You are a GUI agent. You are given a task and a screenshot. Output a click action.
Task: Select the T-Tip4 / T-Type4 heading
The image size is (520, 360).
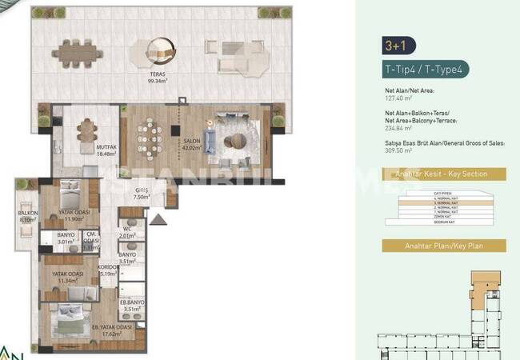click(425, 70)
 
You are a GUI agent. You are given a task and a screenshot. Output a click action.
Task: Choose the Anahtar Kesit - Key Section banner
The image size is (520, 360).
click(444, 174)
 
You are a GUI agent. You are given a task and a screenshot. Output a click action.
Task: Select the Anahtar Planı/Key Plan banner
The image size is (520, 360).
click(444, 246)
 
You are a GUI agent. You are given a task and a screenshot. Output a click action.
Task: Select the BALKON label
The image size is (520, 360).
click(28, 215)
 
